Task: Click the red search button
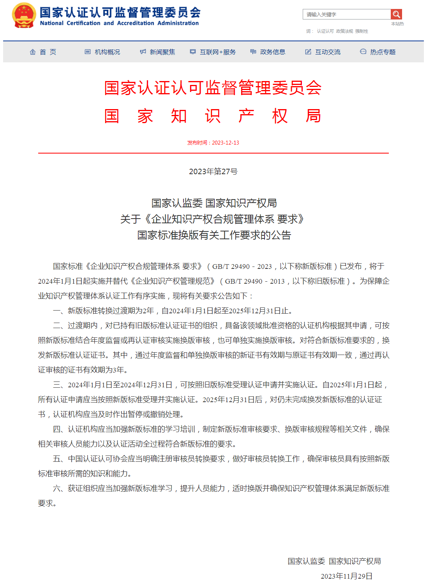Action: point(396,14)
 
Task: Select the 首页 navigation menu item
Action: point(43,52)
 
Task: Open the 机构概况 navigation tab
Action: point(103,52)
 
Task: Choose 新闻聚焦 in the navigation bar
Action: point(158,52)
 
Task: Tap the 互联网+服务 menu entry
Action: point(213,52)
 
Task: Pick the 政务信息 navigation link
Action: point(268,52)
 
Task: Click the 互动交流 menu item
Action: point(323,52)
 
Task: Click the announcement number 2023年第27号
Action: point(213,171)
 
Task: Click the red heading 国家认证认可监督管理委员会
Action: point(213,88)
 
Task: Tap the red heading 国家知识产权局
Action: point(213,116)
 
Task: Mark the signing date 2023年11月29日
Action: point(346,576)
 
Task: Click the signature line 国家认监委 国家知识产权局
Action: point(334,561)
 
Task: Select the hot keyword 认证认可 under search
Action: point(325,31)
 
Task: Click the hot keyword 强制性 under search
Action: point(362,31)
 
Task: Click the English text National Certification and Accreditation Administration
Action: point(119,23)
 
